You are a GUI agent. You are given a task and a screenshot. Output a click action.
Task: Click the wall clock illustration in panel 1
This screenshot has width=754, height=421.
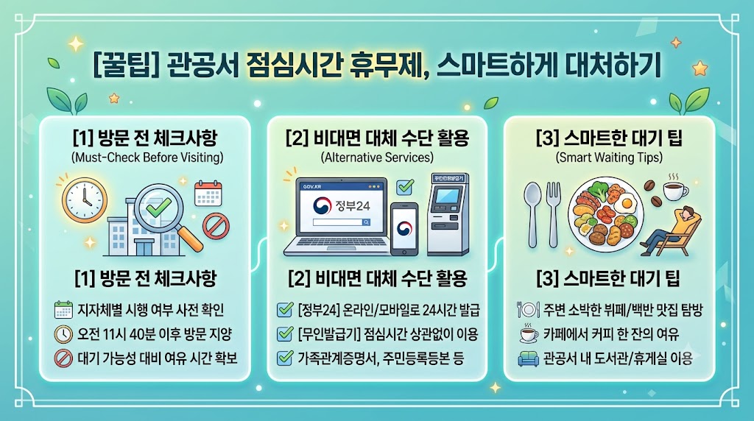tap(85, 200)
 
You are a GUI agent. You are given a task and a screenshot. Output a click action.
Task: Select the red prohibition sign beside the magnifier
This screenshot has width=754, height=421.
tap(216, 227)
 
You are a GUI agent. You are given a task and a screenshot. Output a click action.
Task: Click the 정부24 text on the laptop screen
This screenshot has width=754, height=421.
tap(353, 206)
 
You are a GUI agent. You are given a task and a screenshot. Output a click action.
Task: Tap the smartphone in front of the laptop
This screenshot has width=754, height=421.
tap(404, 229)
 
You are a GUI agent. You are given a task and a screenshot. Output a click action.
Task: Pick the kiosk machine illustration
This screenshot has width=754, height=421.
tap(448, 214)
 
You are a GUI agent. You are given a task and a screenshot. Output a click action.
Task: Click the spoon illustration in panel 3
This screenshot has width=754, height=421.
tap(532, 214)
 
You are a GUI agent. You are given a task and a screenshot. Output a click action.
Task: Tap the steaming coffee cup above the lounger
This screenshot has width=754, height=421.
tap(675, 188)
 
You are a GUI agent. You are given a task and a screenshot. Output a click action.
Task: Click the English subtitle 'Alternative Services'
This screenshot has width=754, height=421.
tap(377, 158)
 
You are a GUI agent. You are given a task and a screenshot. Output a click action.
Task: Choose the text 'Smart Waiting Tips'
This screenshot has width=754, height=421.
tap(609, 158)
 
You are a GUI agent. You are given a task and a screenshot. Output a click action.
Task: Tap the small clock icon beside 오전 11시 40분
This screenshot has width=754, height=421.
tap(63, 334)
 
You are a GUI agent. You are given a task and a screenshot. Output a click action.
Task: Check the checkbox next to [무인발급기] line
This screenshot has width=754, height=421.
tap(285, 333)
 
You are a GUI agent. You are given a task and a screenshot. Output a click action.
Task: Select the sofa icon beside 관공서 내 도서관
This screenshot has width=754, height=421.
tap(529, 358)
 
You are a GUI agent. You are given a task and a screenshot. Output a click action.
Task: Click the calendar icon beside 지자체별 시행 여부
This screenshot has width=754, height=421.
tap(63, 310)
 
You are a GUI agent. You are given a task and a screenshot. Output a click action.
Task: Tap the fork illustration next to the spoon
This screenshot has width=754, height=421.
tap(554, 214)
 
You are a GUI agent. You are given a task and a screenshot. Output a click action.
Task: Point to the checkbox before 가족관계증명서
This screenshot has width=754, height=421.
tap(285, 358)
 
